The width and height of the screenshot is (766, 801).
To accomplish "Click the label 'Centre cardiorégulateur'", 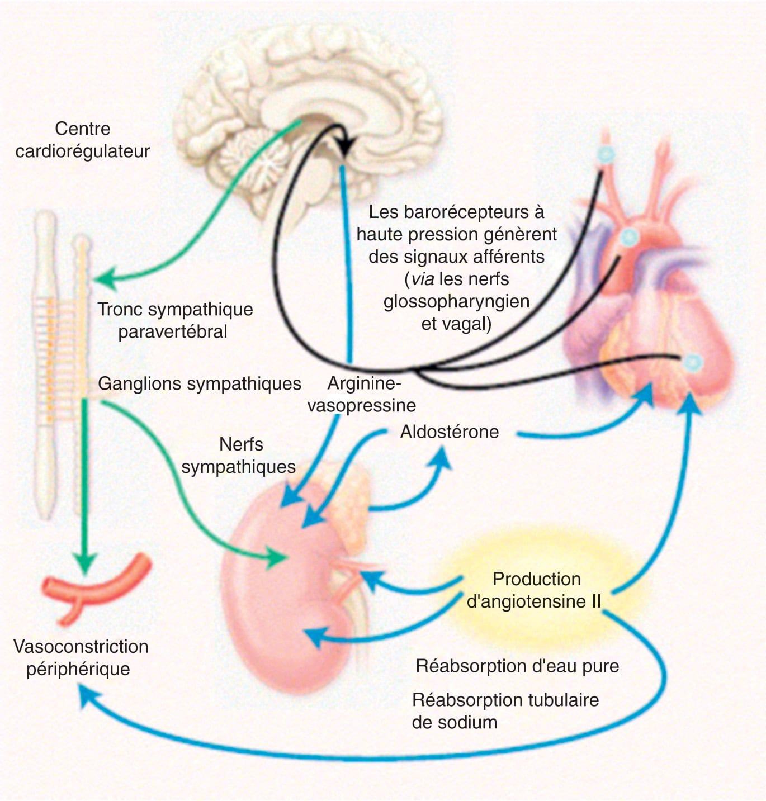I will click(x=83, y=140).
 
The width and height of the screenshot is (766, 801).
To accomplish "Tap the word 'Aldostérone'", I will click(x=450, y=432).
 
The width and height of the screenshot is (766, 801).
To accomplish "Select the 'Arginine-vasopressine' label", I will click(x=362, y=395).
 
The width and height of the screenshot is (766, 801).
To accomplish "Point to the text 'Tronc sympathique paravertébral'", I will click(x=174, y=320).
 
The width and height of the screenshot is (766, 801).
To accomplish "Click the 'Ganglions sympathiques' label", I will click(x=200, y=383).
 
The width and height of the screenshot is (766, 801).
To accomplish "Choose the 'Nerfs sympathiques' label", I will click(x=239, y=456).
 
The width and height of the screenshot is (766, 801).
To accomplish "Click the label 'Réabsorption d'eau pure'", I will click(x=517, y=666).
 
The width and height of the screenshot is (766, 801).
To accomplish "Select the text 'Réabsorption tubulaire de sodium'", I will click(x=504, y=711).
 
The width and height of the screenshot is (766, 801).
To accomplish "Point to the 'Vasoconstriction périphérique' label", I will click(x=81, y=657).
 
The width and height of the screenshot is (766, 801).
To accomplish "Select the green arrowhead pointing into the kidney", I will click(x=277, y=557).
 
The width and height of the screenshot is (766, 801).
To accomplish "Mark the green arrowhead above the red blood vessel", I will click(x=85, y=561).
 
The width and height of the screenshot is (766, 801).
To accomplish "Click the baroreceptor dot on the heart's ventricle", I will click(x=692, y=362).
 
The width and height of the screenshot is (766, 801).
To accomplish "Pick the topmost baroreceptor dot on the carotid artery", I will click(x=606, y=155).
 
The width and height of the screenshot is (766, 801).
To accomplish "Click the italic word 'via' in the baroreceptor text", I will click(x=422, y=279).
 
